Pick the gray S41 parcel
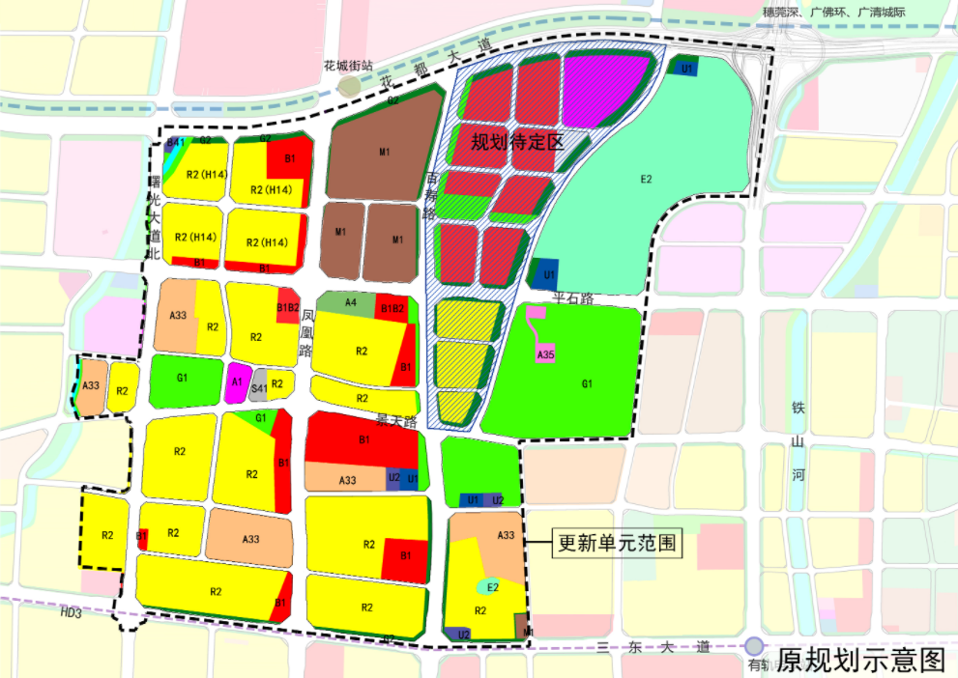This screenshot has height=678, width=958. pos(257,388)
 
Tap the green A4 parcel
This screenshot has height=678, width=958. pos(351,302)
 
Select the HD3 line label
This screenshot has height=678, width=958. pos(71,612)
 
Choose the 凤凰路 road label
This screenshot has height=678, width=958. pos(307,333)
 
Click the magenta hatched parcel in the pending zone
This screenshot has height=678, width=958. pos(606,89)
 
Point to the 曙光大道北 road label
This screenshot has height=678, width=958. pos(152,217)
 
